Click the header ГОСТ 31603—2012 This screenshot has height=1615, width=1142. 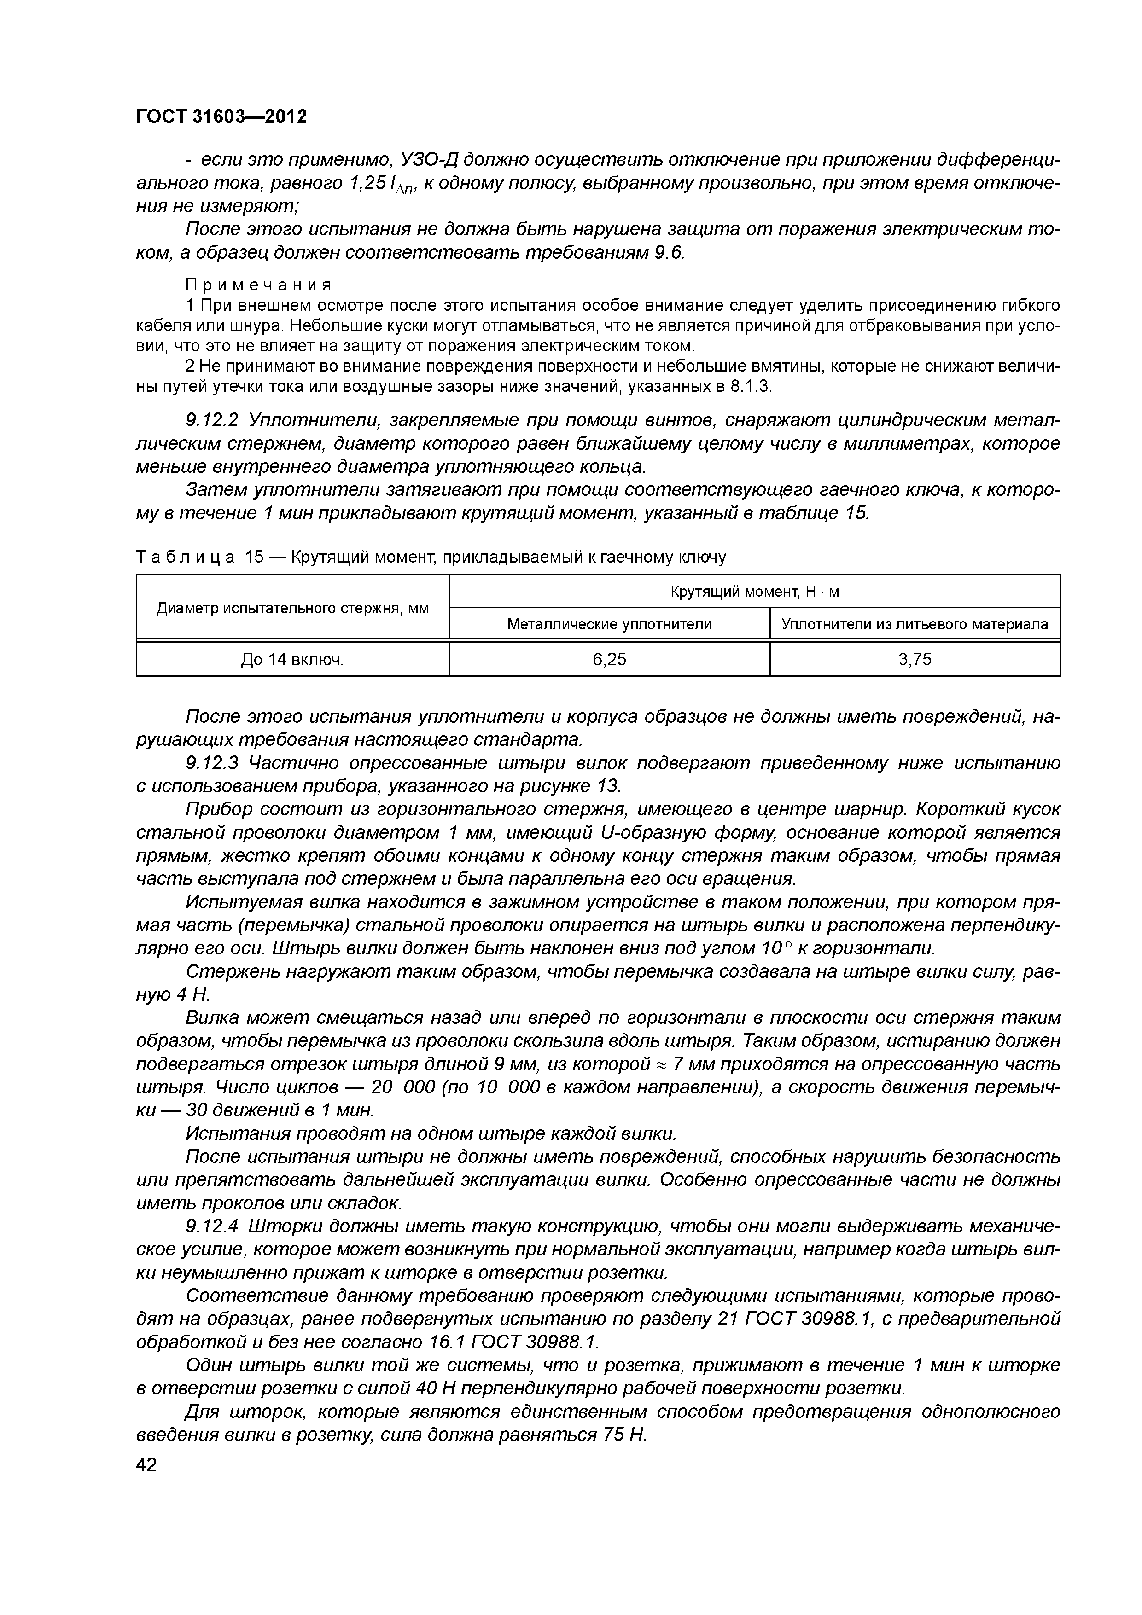(221, 116)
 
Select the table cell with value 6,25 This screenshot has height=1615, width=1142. (609, 659)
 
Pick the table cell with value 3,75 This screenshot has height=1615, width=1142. (915, 659)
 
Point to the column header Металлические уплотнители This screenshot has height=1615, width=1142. (609, 624)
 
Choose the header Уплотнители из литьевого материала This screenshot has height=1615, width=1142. (915, 624)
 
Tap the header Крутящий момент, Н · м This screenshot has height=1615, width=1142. (754, 592)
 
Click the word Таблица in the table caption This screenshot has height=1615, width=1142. (184, 557)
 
